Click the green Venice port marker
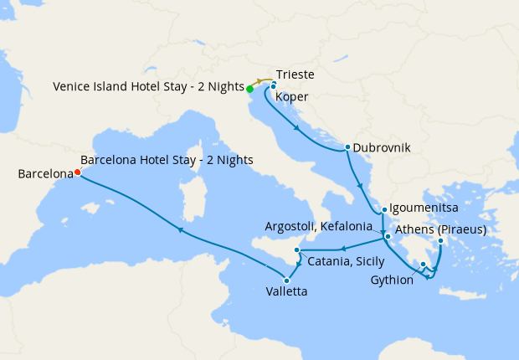pyautogui.click(x=250, y=88)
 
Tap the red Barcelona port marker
pyautogui.click(x=77, y=172)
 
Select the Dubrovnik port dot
pyautogui.click(x=347, y=148)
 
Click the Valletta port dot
pyautogui.click(x=287, y=280)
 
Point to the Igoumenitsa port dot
pyautogui.click(x=383, y=210)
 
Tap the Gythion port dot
pyautogui.click(x=424, y=265)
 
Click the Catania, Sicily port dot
pyautogui.click(x=297, y=250)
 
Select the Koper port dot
pyautogui.click(x=273, y=85)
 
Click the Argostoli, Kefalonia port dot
pyautogui.click(x=388, y=237)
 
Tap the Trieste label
pyautogui.click(x=295, y=75)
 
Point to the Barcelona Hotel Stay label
pyautogui.click(x=167, y=160)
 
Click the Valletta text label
pyautogui.click(x=307, y=292)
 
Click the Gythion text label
pyautogui.click(x=392, y=280)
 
